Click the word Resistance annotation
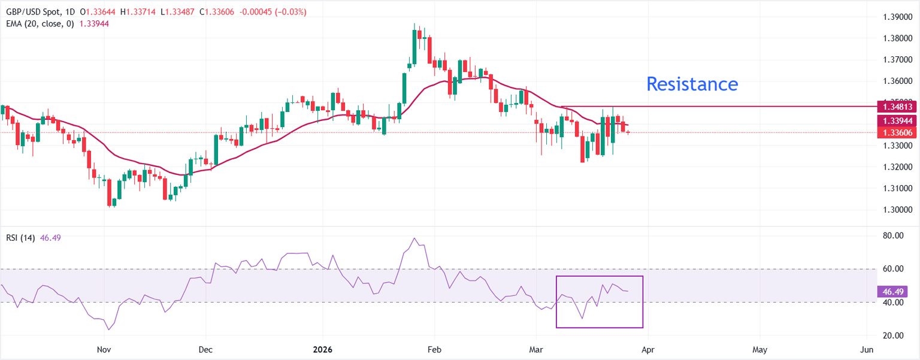click(x=692, y=84)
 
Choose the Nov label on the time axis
click(x=104, y=349)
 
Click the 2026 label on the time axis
click(x=322, y=349)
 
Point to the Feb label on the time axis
click(x=434, y=349)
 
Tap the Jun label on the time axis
click(x=867, y=349)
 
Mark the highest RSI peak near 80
click(x=414, y=238)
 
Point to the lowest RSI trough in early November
click(x=108, y=329)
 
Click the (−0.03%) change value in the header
click(x=289, y=12)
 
